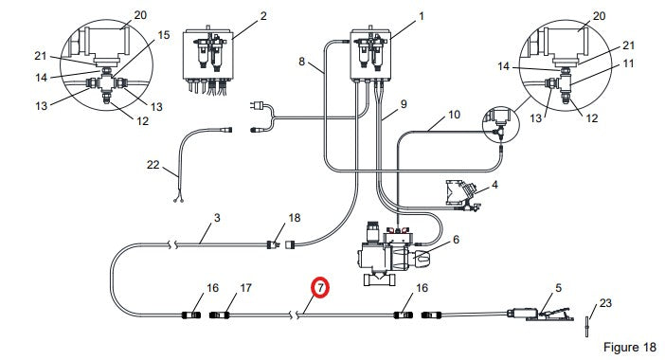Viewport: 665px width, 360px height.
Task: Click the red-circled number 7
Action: coord(320,287)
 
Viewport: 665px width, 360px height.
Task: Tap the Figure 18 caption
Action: coord(629,347)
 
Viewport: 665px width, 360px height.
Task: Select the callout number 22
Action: coord(153,165)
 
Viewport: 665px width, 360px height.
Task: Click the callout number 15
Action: coord(164,35)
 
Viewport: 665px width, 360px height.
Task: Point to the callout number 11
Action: coord(628,63)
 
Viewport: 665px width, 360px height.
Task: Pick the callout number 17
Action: coord(245,288)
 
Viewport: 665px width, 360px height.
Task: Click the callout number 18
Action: coord(295,218)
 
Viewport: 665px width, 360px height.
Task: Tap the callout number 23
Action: coord(605,303)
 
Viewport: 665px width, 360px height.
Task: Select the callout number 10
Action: coord(454,115)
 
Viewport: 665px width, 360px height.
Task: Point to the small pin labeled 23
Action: coord(587,327)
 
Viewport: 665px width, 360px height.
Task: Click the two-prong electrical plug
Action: coord(260,105)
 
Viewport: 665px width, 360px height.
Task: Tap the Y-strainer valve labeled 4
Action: coord(462,195)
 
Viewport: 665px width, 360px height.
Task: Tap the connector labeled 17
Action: coord(220,315)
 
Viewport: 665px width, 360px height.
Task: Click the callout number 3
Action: coord(217,218)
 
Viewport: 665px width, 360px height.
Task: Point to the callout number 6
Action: coord(456,240)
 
